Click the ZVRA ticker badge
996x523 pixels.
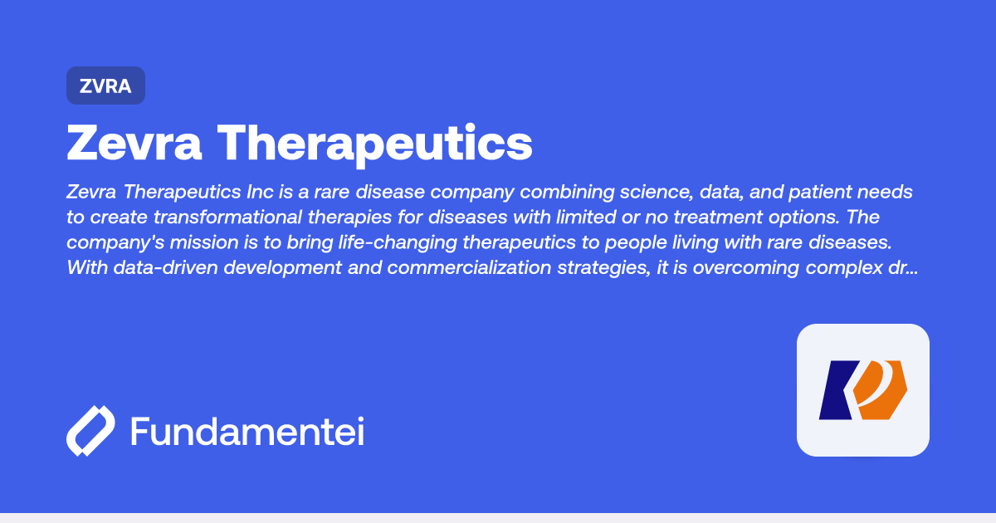(105, 86)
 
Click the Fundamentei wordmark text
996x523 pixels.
(247, 433)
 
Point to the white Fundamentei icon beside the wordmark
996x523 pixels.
(90, 432)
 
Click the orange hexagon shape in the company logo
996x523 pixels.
(881, 390)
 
